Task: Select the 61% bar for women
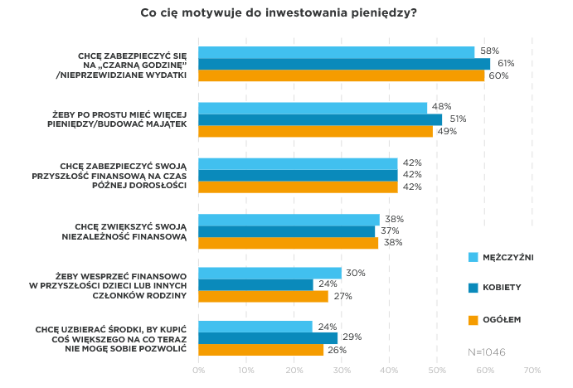tap(344, 64)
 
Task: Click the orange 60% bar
tap(342, 75)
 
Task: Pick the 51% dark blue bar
tap(320, 119)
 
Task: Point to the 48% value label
tap(440, 107)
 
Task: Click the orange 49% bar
tap(316, 131)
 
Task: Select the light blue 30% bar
tap(270, 273)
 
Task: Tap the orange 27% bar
tap(263, 296)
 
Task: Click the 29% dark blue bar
tap(268, 338)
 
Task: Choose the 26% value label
tap(336, 350)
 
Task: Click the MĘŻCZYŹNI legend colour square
tap(473, 257)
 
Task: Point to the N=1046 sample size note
tap(487, 352)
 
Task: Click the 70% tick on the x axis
tap(532, 370)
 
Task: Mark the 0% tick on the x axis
tap(199, 370)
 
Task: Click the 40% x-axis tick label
tap(389, 370)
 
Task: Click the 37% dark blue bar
tap(287, 231)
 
